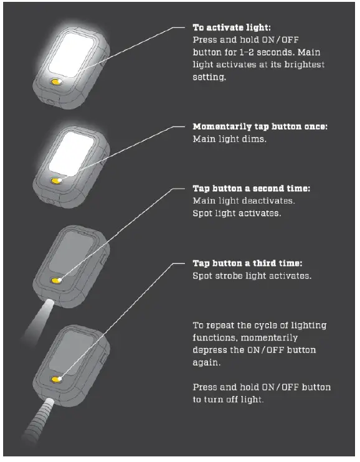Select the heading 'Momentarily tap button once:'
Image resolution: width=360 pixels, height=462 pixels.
point(260,127)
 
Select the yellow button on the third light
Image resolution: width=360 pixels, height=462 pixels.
point(57,281)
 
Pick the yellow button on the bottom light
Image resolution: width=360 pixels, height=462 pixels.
point(57,379)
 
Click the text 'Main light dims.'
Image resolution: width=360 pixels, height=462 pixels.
point(230,139)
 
